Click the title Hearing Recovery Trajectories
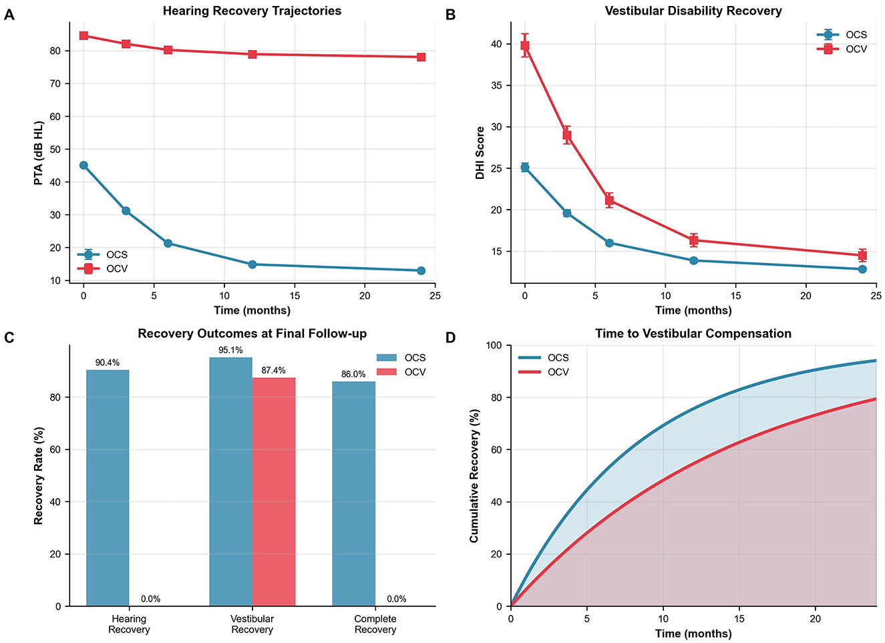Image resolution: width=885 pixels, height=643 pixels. pyautogui.click(x=252, y=11)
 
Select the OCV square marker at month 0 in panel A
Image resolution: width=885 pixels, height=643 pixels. pyautogui.click(x=83, y=35)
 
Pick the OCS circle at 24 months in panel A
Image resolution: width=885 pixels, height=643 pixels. pyautogui.click(x=421, y=270)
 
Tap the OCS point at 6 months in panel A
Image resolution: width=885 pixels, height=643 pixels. pyautogui.click(x=168, y=243)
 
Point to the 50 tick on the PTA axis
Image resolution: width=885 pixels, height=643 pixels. pyautogui.click(x=55, y=149)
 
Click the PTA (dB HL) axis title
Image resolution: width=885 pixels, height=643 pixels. pyautogui.click(x=39, y=153)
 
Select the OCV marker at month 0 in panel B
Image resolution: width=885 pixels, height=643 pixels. pyautogui.click(x=525, y=45)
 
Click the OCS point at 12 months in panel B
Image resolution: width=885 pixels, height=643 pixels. pyautogui.click(x=693, y=260)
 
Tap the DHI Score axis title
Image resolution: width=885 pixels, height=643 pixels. pyautogui.click(x=480, y=153)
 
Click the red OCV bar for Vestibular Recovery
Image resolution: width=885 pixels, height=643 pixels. pyautogui.click(x=273, y=492)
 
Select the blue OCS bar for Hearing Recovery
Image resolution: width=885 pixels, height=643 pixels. pyautogui.click(x=108, y=488)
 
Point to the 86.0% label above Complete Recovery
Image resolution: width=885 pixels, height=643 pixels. pyautogui.click(x=353, y=374)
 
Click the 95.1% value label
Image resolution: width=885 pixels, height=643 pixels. pyautogui.click(x=230, y=350)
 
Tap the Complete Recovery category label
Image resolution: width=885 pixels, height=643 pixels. pyautogui.click(x=375, y=624)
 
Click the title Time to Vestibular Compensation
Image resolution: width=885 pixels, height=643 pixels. pyautogui.click(x=693, y=333)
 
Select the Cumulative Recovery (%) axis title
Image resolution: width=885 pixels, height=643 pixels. pyautogui.click(x=474, y=476)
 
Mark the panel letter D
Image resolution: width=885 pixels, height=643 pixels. pyautogui.click(x=450, y=338)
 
